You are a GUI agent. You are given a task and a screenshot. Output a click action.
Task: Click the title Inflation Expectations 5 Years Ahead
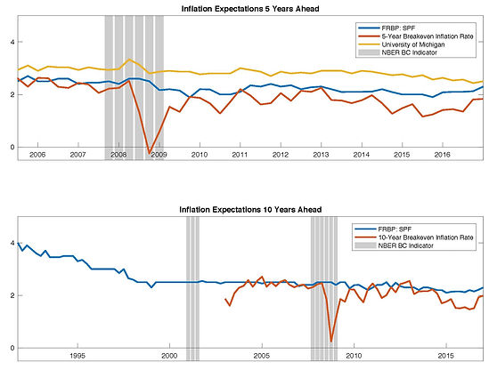point(250,9)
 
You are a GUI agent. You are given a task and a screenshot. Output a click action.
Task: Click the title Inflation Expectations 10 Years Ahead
point(250,210)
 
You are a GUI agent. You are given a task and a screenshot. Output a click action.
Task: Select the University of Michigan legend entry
point(413,44)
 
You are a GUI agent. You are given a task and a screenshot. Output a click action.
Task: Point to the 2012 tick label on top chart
point(281,155)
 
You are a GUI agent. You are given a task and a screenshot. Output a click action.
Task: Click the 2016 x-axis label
point(442,155)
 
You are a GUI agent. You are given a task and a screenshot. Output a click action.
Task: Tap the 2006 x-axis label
point(37,155)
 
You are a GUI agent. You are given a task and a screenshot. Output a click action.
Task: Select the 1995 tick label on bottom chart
point(77,356)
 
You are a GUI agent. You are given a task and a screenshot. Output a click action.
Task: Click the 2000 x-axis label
point(169,356)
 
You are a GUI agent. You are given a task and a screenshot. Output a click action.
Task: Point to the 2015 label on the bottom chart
point(446,356)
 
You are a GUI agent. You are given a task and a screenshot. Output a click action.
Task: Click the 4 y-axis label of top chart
point(12,42)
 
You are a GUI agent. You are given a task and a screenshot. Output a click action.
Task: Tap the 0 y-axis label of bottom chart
point(12,348)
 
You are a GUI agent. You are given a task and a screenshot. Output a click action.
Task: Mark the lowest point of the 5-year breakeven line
point(149,153)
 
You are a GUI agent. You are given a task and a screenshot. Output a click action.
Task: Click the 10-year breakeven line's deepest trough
point(330,342)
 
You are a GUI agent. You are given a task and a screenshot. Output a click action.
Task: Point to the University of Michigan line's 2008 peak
point(129,60)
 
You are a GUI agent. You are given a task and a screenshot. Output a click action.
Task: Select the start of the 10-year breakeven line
point(225,299)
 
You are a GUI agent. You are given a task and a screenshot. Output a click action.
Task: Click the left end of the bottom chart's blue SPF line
point(18,243)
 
